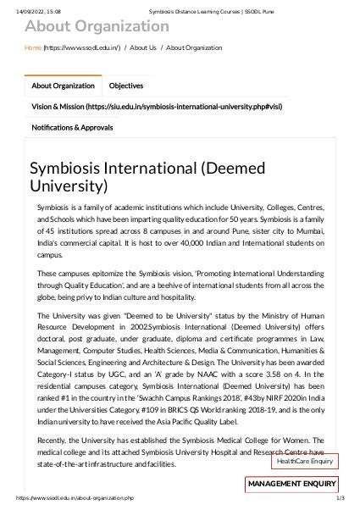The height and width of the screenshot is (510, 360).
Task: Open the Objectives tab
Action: coord(126,86)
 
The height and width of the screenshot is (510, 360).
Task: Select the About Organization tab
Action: coord(63,86)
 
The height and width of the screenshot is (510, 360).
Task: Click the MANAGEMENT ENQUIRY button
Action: coord(291,484)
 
